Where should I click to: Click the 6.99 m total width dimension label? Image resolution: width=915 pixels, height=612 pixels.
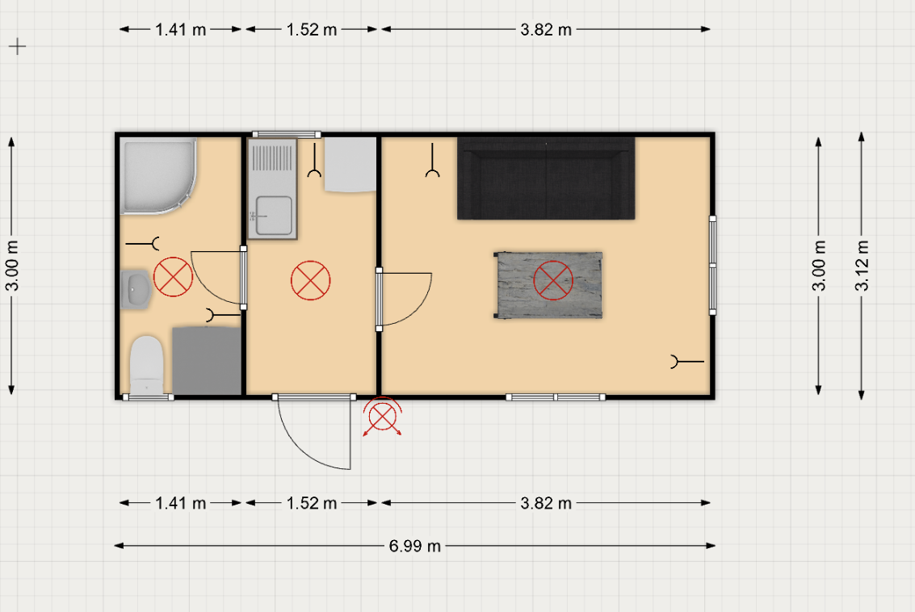(414, 546)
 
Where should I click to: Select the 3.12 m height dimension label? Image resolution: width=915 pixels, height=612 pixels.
(862, 266)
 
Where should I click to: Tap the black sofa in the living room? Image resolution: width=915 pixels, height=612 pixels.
(546, 178)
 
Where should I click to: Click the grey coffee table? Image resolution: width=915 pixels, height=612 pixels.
(548, 285)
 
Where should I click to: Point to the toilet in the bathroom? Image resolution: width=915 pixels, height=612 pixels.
(146, 365)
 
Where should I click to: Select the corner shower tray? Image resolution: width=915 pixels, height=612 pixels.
(158, 176)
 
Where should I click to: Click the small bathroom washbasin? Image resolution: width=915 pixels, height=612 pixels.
(136, 289)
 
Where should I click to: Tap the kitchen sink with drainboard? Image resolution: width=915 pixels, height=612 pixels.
(272, 188)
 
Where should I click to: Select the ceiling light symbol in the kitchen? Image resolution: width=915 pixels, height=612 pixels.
(310, 281)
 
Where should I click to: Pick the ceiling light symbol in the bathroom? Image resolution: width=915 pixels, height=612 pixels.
(174, 277)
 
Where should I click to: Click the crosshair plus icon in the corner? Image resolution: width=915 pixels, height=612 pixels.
(18, 47)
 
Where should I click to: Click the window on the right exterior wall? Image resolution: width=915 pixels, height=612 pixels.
(712, 266)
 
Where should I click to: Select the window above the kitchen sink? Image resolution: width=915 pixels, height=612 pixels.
(287, 135)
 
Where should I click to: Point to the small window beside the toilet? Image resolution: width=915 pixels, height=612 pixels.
(149, 397)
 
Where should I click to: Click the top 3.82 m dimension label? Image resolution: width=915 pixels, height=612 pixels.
(546, 29)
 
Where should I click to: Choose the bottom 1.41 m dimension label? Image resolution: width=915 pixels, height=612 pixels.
(180, 503)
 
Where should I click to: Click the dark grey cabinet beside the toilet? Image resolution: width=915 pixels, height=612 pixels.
(207, 361)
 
